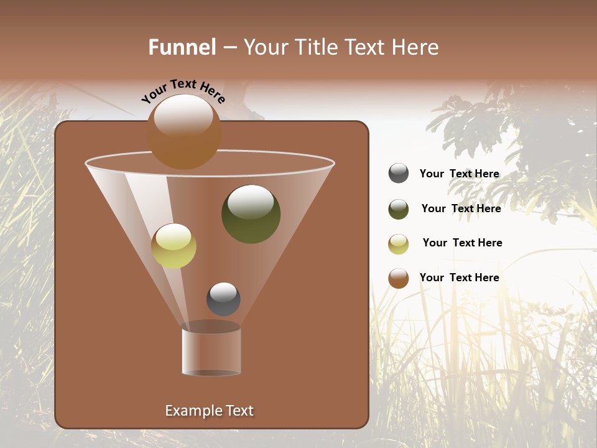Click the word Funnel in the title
182,47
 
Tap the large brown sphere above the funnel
184,132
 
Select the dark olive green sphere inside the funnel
251,214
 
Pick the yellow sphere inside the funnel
174,246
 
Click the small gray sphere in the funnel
223,299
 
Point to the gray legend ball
399,174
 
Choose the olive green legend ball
399,209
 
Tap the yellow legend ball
399,244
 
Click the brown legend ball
399,278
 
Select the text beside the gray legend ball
459,174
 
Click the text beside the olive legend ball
461,208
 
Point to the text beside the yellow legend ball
462,243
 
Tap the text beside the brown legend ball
459,278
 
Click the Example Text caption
209,411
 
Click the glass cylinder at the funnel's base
211,352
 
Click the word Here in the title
415,47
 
